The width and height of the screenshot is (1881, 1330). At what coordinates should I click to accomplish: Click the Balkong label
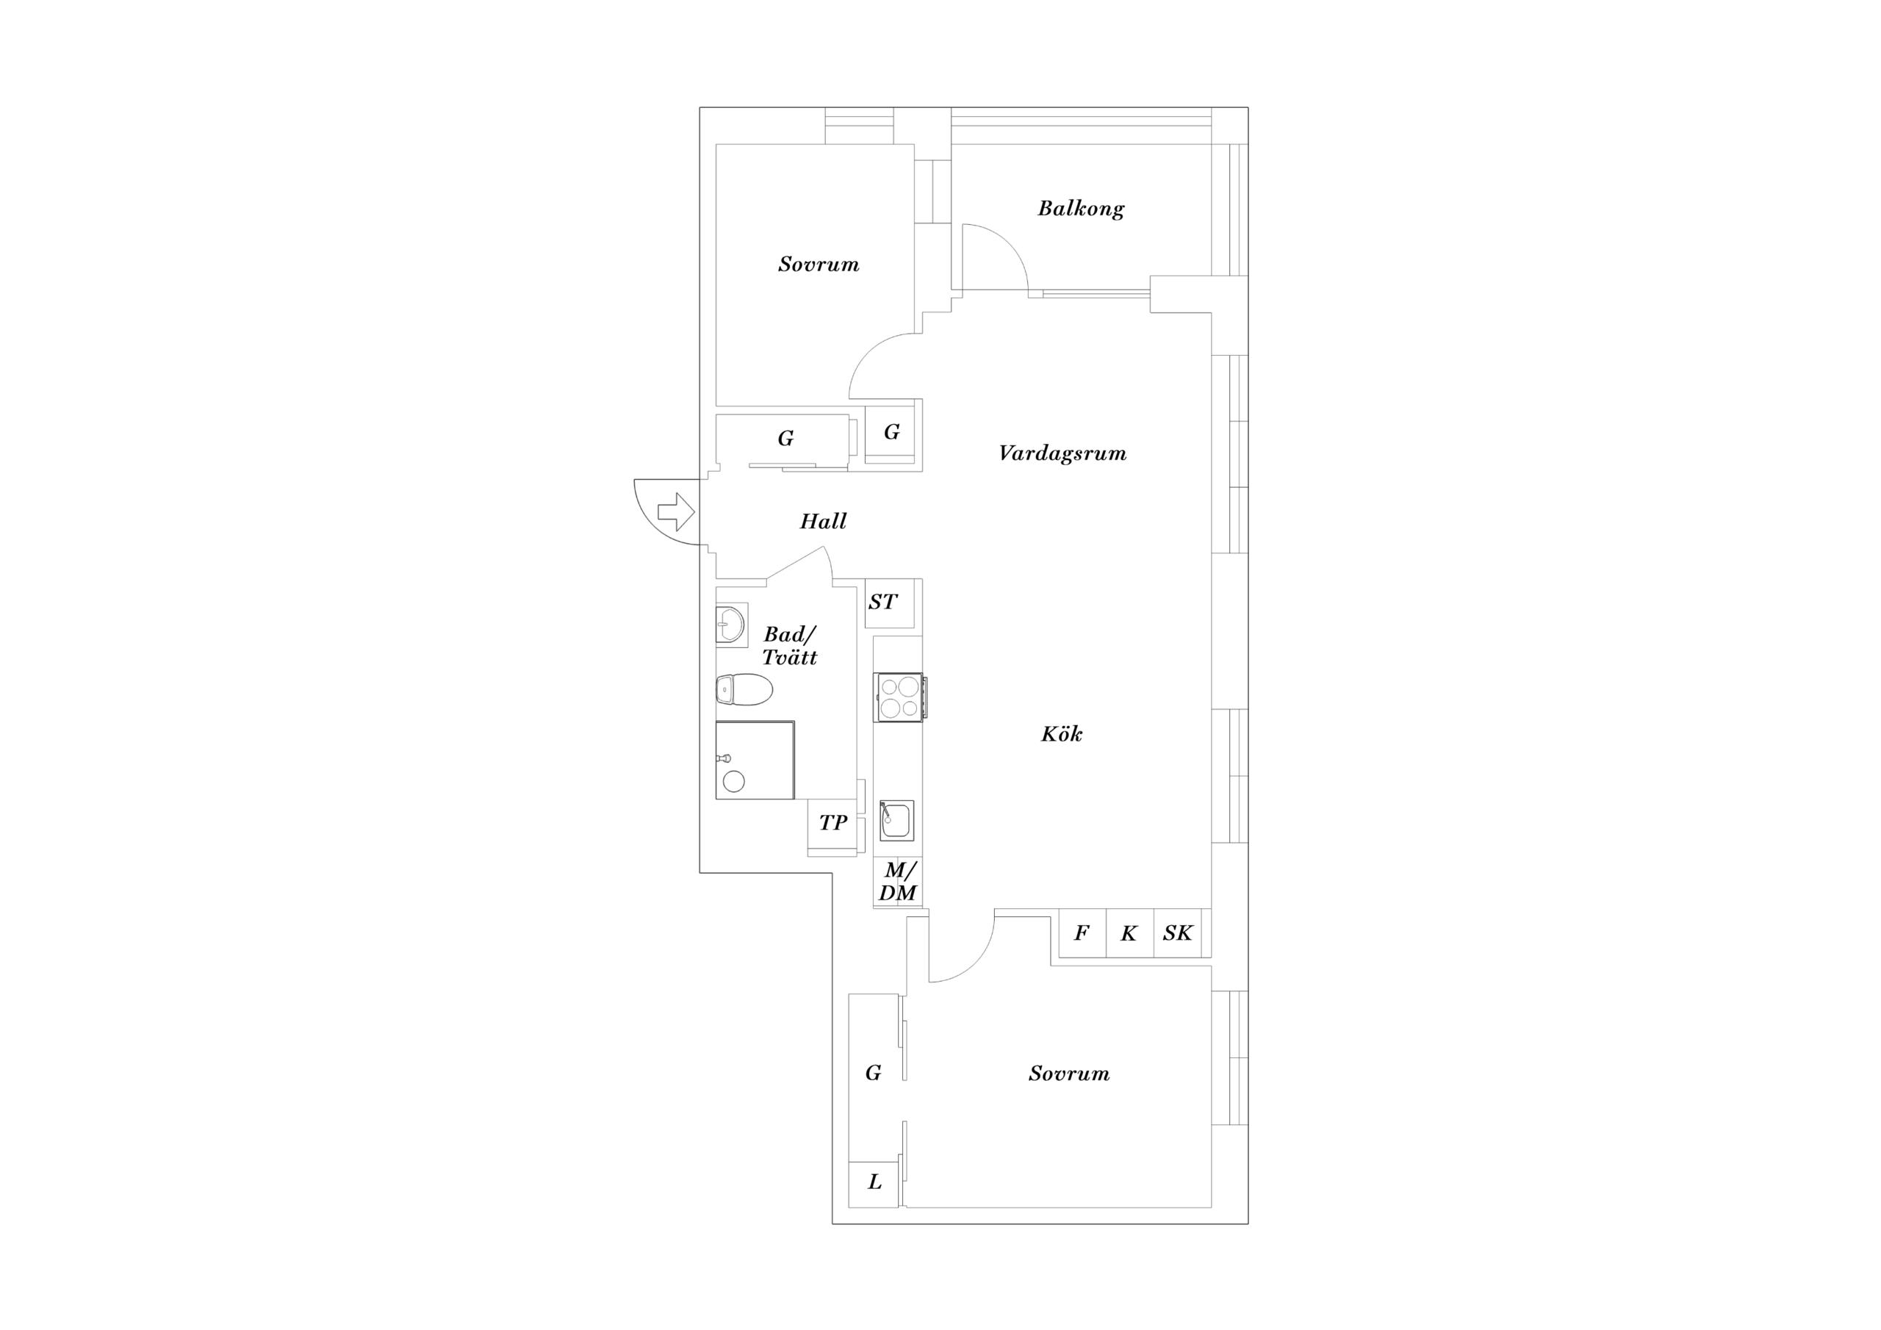pyautogui.click(x=1081, y=208)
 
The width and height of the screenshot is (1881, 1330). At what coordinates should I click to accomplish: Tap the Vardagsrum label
pyautogui.click(x=1062, y=453)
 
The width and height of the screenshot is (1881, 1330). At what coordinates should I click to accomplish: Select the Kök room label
pyautogui.click(x=1062, y=733)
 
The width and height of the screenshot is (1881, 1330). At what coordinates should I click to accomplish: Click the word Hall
pyautogui.click(x=824, y=521)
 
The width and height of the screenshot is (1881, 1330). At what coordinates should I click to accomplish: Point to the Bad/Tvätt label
pyautogui.click(x=790, y=646)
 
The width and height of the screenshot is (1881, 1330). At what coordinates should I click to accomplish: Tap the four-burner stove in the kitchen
pyautogui.click(x=900, y=697)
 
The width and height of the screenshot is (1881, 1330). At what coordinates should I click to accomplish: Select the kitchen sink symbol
pyautogui.click(x=897, y=820)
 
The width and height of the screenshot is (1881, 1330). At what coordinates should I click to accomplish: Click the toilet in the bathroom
pyautogui.click(x=744, y=689)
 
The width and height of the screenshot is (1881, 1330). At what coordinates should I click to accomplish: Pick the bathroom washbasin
pyautogui.click(x=731, y=626)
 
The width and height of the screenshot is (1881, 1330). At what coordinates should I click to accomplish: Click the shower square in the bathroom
pyautogui.click(x=755, y=760)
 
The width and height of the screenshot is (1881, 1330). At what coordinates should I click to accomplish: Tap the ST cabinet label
pyautogui.click(x=882, y=603)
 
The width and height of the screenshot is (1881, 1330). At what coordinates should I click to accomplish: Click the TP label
pyautogui.click(x=833, y=823)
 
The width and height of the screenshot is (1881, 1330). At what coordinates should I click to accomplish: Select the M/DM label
pyautogui.click(x=898, y=882)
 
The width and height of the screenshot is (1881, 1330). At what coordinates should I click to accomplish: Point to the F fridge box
pyautogui.click(x=1082, y=932)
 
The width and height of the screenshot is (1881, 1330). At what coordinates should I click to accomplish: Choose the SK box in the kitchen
pyautogui.click(x=1177, y=932)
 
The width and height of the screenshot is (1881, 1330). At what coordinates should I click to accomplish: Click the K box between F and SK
pyautogui.click(x=1130, y=932)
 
